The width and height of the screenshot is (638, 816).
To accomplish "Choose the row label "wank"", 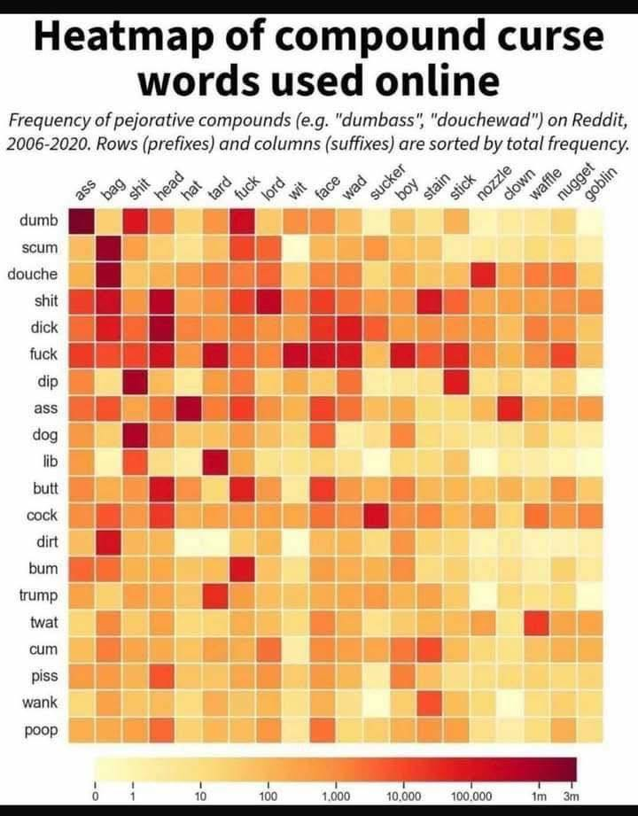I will (41, 703).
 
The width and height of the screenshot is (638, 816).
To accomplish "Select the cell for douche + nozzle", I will (482, 275).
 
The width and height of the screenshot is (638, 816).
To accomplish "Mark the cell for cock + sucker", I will (376, 515).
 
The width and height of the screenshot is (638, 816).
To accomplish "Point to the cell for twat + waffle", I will (535, 622).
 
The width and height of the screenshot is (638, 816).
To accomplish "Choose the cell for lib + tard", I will (215, 462).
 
